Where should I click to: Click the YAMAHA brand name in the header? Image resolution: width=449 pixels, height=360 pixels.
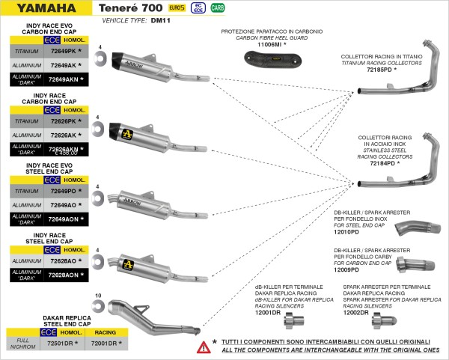tap(45, 8)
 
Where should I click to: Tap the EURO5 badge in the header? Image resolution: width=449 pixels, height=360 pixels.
tap(177, 8)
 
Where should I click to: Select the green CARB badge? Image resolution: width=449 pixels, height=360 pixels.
tap(219, 8)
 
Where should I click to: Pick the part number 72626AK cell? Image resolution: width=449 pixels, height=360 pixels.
tap(64, 135)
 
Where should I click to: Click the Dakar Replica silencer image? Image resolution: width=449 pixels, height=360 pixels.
tap(150, 314)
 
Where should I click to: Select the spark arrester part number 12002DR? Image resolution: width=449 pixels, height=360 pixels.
tap(358, 312)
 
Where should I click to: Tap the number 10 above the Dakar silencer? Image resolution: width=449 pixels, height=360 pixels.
tap(98, 297)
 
